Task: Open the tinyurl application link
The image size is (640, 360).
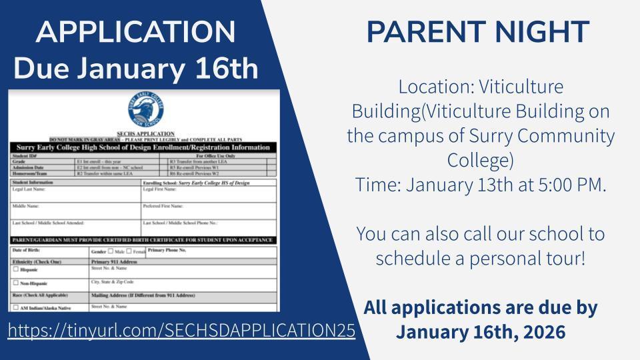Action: (181, 331)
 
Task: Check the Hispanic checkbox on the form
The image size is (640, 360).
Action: (16, 270)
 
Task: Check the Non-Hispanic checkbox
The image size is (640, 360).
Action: (16, 283)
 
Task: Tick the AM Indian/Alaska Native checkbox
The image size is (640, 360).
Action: (16, 308)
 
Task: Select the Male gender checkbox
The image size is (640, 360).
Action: (111, 251)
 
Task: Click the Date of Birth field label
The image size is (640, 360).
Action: (25, 250)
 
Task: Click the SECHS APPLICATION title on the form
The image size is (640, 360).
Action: (144, 133)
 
